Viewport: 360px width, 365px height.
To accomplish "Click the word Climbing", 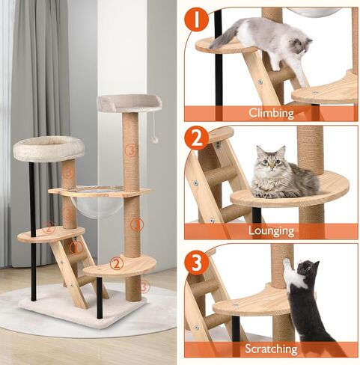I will coord(270,114).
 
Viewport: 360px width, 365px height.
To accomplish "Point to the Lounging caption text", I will coord(270,231).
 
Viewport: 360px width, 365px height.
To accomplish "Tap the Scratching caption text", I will coord(270,349).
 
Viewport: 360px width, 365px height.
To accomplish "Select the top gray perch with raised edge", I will coord(125,103).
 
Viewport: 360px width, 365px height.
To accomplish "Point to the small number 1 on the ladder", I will coord(75,247).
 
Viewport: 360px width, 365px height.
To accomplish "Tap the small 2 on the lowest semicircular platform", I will coord(116,263).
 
